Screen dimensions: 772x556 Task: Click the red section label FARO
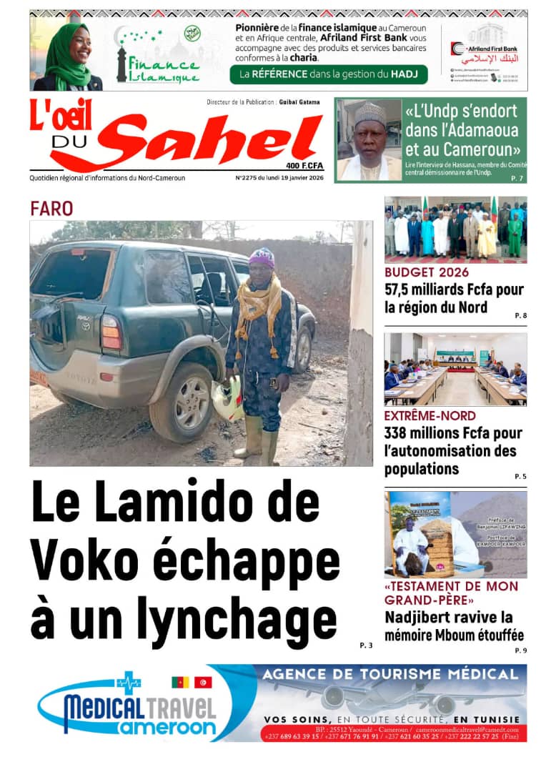point(51,209)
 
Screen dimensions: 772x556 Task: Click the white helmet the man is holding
point(228,398)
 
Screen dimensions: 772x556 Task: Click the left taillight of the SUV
point(111,332)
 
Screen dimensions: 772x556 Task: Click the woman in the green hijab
point(69,54)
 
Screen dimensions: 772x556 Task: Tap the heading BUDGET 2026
point(427,272)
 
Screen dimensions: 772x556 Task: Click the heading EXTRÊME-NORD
point(430,415)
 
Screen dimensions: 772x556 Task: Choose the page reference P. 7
point(517,178)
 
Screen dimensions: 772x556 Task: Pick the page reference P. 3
point(366,645)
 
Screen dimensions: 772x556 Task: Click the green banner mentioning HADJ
point(329,74)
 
